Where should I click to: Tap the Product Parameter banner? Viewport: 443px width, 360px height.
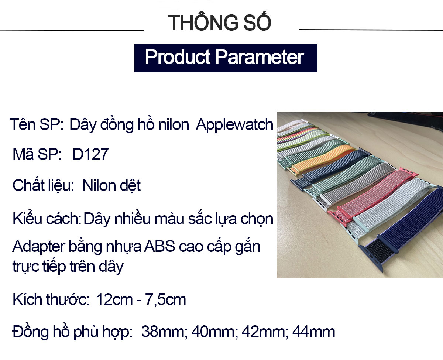[226, 58]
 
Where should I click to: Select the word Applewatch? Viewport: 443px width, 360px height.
[234, 125]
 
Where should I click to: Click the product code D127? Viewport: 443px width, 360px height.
[90, 154]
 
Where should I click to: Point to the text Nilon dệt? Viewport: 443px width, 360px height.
[111, 185]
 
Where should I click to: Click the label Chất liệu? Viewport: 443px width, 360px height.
[43, 185]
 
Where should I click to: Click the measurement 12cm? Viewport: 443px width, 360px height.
[114, 300]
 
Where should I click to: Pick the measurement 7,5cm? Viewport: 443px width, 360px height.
[165, 300]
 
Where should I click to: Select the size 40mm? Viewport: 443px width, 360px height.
[214, 332]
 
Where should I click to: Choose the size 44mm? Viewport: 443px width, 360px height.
[314, 332]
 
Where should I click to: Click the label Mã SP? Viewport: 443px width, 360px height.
[37, 154]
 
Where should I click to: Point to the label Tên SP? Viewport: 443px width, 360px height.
[37, 124]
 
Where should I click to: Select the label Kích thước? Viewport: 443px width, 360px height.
[51, 299]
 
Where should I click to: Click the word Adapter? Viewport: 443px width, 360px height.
[39, 247]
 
